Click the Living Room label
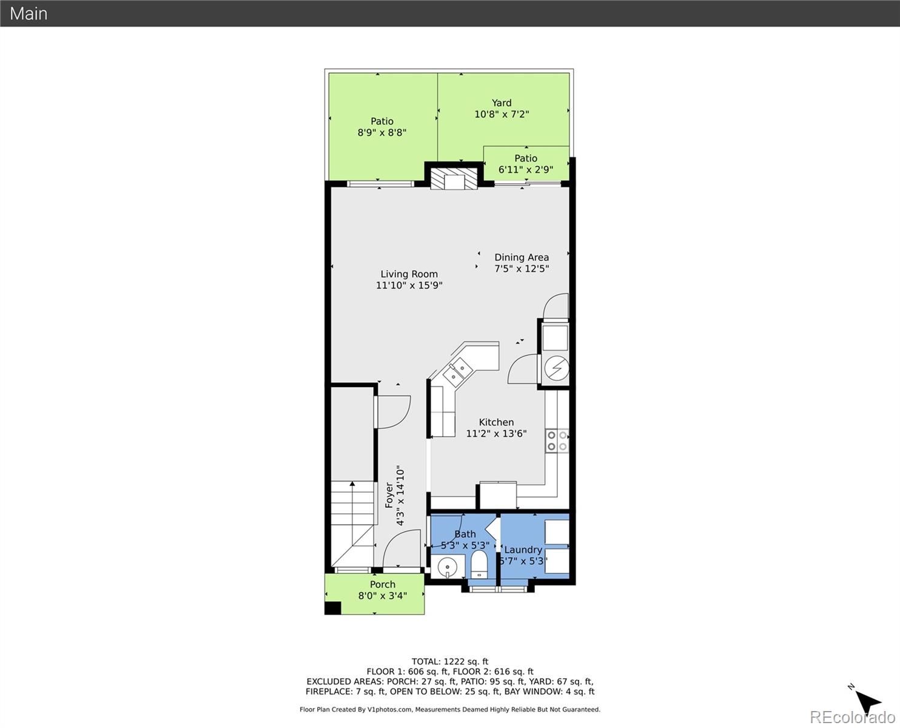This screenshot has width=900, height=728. (409, 274)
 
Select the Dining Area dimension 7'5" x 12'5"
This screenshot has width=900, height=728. (522, 269)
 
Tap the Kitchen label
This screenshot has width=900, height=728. (496, 422)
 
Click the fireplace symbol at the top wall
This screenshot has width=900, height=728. (454, 180)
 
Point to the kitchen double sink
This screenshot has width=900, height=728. (456, 371)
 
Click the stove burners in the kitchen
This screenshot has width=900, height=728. (557, 440)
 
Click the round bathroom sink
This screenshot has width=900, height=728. (447, 567)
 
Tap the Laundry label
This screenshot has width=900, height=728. (523, 550)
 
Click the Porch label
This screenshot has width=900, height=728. (383, 584)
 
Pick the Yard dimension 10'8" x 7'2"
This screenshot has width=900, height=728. (502, 114)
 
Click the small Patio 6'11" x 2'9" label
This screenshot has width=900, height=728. (526, 158)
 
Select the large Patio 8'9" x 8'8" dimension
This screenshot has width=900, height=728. (381, 132)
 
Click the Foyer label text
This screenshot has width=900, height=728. (389, 495)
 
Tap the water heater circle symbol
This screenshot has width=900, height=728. (556, 368)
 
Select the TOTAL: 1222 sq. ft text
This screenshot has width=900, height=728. (449, 661)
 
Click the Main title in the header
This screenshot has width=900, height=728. (29, 13)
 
